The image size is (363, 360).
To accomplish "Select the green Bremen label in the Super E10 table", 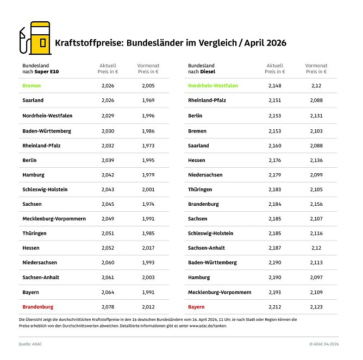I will coord(32,85).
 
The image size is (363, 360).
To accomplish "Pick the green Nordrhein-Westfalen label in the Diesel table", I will coord(212,85).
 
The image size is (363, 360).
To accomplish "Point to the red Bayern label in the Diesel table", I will coord(196,307).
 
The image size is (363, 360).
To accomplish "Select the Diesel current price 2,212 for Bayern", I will coord(274,307).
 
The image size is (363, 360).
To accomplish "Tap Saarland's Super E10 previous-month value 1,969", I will coord(148,100).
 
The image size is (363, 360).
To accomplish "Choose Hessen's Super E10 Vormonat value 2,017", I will coord(148,248).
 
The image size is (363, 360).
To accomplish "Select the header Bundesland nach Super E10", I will coord(39,68).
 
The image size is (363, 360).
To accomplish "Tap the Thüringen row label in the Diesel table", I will coord(200,189).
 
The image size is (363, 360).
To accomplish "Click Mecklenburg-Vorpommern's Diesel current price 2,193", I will coord(274,292).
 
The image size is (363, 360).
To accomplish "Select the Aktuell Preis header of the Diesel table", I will coord(274,68).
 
